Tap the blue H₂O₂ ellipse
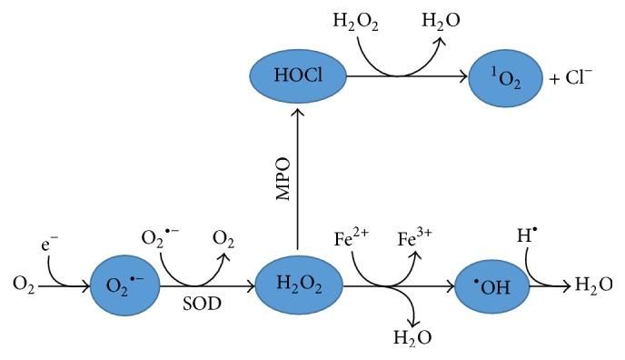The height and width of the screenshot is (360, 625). (x=297, y=285)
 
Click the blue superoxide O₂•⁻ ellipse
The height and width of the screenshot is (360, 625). (x=130, y=285)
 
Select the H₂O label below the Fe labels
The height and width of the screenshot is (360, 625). (x=411, y=338)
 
